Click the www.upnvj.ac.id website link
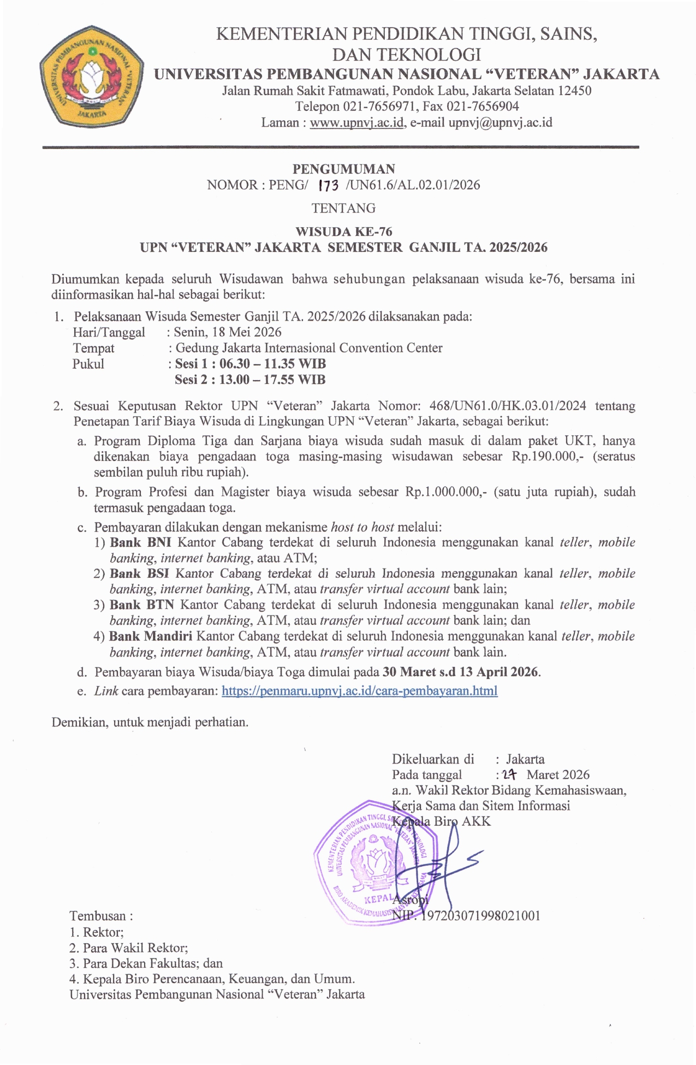point(357,122)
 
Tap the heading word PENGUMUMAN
point(344,169)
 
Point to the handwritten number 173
point(328,186)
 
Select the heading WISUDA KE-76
point(344,232)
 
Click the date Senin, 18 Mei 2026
point(228,332)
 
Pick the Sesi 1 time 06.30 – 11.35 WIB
point(272,364)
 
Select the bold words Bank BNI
point(140,542)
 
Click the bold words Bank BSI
point(139,573)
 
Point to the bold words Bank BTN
point(141,605)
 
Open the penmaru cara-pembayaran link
point(359,691)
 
